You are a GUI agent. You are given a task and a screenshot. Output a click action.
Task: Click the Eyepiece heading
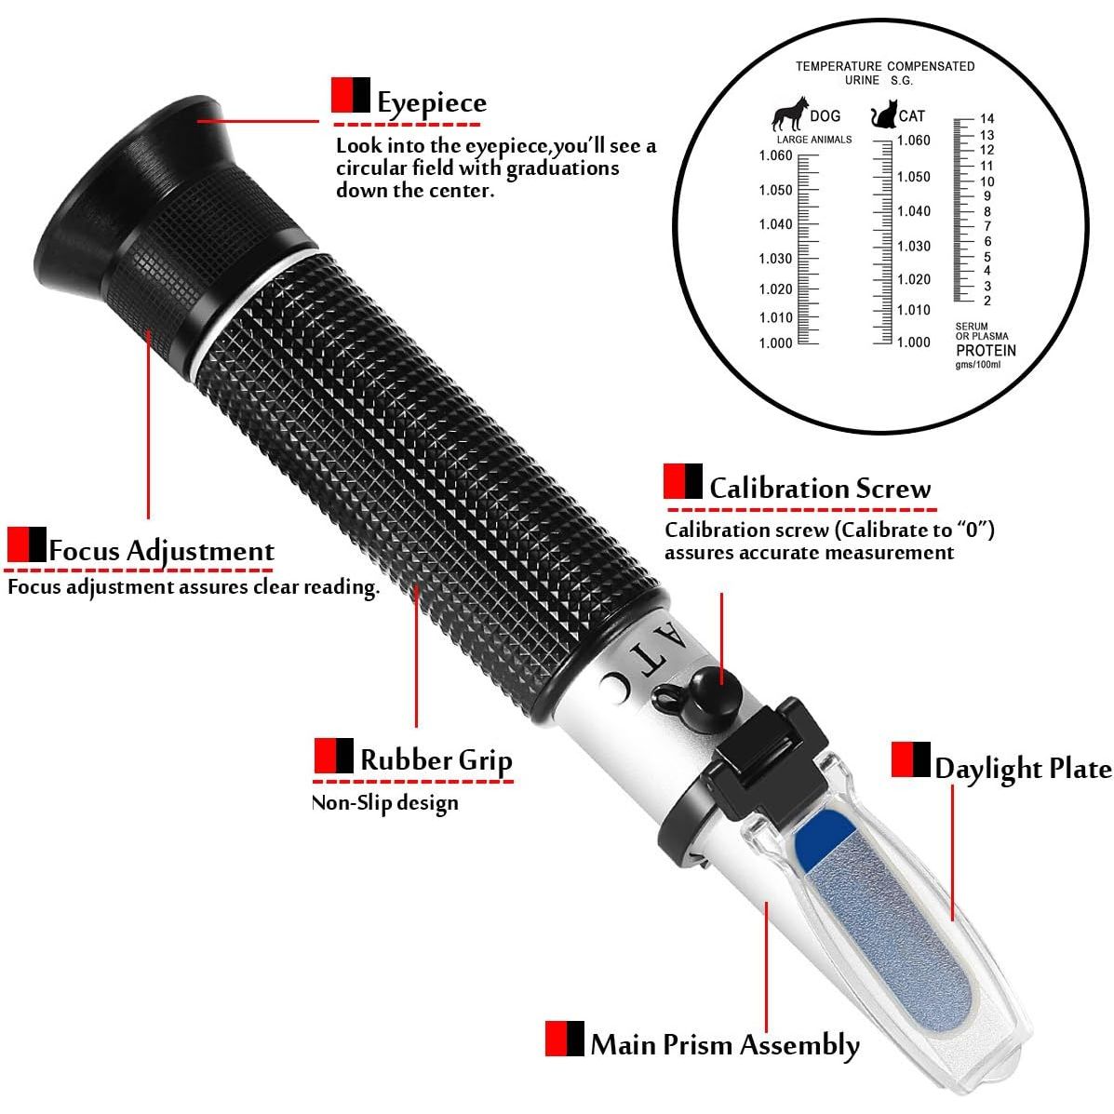pyautogui.click(x=431, y=102)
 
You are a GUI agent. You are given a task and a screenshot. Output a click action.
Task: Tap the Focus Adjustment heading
pyautogui.click(x=161, y=551)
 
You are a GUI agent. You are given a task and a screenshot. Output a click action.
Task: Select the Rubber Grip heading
pyautogui.click(x=436, y=760)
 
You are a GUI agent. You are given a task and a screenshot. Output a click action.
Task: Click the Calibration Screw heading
pyautogui.click(x=820, y=488)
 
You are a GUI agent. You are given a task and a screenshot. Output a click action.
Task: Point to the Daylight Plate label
pyautogui.click(x=1023, y=769)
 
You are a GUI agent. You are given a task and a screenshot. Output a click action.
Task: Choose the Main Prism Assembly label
pyautogui.click(x=725, y=1045)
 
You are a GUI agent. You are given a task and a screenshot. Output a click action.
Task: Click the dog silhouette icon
pyautogui.click(x=790, y=114)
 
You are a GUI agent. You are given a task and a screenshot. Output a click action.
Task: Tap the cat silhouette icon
pyautogui.click(x=884, y=114)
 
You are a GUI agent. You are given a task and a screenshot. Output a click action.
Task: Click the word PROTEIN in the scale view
pyautogui.click(x=986, y=350)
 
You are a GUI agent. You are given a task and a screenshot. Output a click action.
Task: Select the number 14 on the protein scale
pyautogui.click(x=986, y=118)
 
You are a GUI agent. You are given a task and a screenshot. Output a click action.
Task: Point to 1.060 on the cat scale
pyautogui.click(x=913, y=140)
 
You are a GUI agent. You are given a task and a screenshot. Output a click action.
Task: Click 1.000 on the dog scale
pyautogui.click(x=775, y=343)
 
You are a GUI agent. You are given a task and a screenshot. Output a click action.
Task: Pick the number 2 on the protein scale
pyautogui.click(x=986, y=301)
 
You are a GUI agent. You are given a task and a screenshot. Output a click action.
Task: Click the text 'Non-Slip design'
pyautogui.click(x=385, y=803)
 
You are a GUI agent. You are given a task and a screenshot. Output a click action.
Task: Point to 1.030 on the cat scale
pyautogui.click(x=914, y=247)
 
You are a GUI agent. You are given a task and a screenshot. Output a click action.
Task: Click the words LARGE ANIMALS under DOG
pyautogui.click(x=814, y=140)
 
